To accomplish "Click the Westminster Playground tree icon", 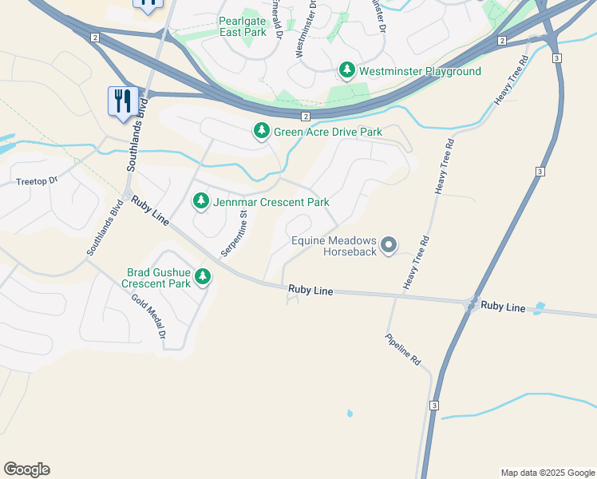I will click(347, 71).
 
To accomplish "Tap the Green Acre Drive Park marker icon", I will click(261, 131).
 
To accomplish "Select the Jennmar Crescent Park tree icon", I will click(200, 202).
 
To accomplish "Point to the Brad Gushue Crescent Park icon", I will click(204, 277).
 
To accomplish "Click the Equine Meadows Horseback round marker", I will click(389, 245).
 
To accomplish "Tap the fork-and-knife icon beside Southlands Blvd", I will click(122, 101).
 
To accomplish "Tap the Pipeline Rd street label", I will click(402, 350).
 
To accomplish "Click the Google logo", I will click(26, 469).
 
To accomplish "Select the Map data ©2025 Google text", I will click(548, 473).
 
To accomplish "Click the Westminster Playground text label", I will click(420, 71).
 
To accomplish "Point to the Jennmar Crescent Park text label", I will click(271, 202).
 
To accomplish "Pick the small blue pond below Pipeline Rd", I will click(349, 414).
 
